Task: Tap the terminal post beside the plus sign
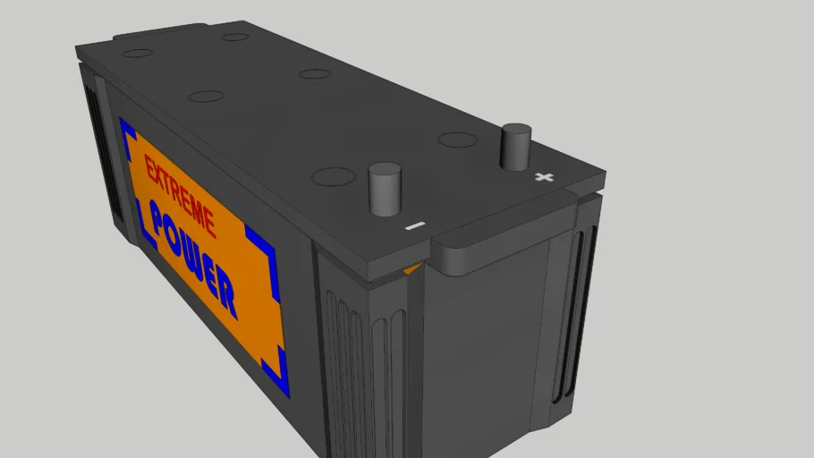[x=516, y=147]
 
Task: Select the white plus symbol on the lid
[x=543, y=177]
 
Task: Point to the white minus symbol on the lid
[x=412, y=226]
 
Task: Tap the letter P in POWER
[x=161, y=224]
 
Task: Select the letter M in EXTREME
[x=198, y=213]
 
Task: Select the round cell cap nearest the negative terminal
[x=333, y=177]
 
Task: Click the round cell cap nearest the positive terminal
[x=458, y=140]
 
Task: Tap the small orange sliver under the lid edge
[x=411, y=268]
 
